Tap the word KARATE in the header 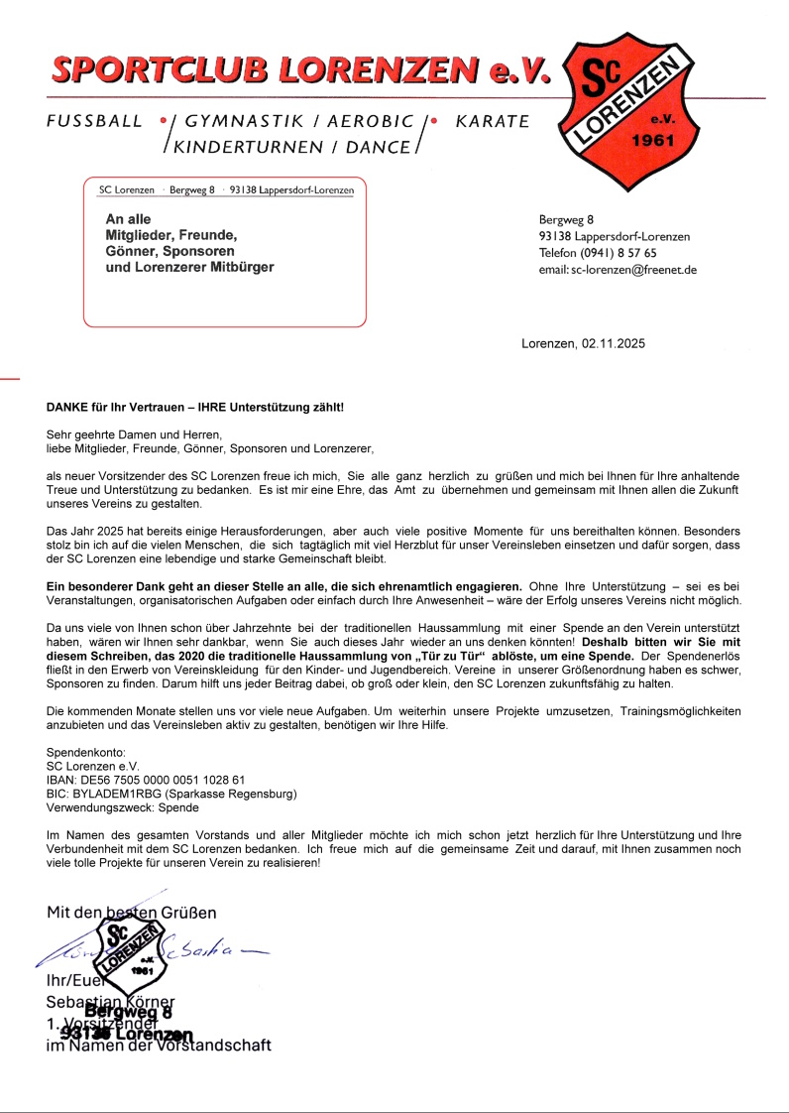point(492,122)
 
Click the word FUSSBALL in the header point(95,122)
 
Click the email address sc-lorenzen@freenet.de point(633,270)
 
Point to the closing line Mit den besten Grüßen point(131,912)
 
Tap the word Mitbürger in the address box point(239,267)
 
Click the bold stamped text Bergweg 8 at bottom point(135,1012)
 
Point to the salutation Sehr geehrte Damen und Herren point(134,434)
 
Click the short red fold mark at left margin point(9,378)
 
